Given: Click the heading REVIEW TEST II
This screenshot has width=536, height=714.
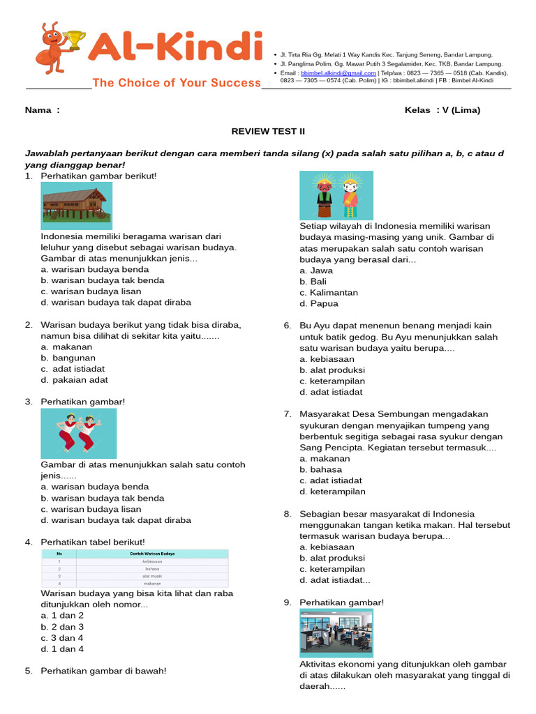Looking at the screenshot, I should click(268, 131).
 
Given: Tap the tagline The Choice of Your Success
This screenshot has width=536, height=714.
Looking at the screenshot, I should click(177, 83).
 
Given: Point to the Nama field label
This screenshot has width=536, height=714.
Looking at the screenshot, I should click(42, 110).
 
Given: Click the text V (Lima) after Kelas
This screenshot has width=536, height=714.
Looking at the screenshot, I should click(461, 110).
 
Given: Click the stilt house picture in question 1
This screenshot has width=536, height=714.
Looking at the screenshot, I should click(76, 206).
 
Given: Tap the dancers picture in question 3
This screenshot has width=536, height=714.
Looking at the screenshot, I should click(78, 434).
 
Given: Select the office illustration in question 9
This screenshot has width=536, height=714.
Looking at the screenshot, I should click(336, 633).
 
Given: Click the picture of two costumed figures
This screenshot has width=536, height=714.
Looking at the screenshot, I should click(336, 196).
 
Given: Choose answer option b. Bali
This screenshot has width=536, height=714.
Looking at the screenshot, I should click(313, 282).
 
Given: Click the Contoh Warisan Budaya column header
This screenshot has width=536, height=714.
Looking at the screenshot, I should click(152, 554).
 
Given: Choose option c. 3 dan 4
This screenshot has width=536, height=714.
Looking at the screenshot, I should click(62, 638).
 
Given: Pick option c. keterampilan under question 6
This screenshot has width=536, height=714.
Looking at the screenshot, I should click(332, 381).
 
